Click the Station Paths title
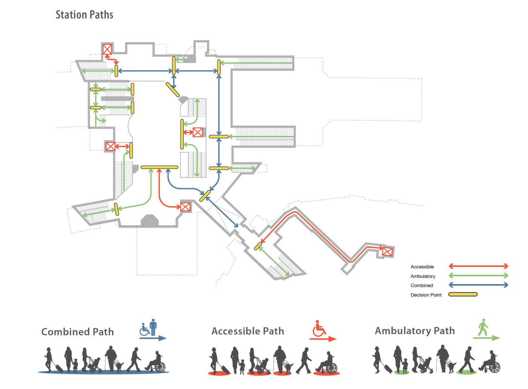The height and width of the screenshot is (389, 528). coord(84,15)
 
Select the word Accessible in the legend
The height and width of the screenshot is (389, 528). coord(422,267)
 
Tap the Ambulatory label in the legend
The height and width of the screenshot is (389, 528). coord(423,276)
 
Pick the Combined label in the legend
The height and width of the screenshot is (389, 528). coord(422,286)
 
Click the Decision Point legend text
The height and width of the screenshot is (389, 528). coord(426,295)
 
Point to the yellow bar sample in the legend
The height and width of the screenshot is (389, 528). coord(463,294)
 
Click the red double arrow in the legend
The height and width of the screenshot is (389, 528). coord(478,266)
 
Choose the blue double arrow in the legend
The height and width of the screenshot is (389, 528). coord(478,285)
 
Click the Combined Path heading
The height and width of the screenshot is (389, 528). coord(77,332)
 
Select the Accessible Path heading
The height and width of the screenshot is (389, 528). coord(248,331)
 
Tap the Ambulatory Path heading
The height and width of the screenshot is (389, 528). coord(415,331)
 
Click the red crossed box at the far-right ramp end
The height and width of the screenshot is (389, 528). coord(387,252)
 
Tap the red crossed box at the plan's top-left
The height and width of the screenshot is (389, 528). coord(107,49)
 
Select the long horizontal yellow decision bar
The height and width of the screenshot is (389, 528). coord(159,167)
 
